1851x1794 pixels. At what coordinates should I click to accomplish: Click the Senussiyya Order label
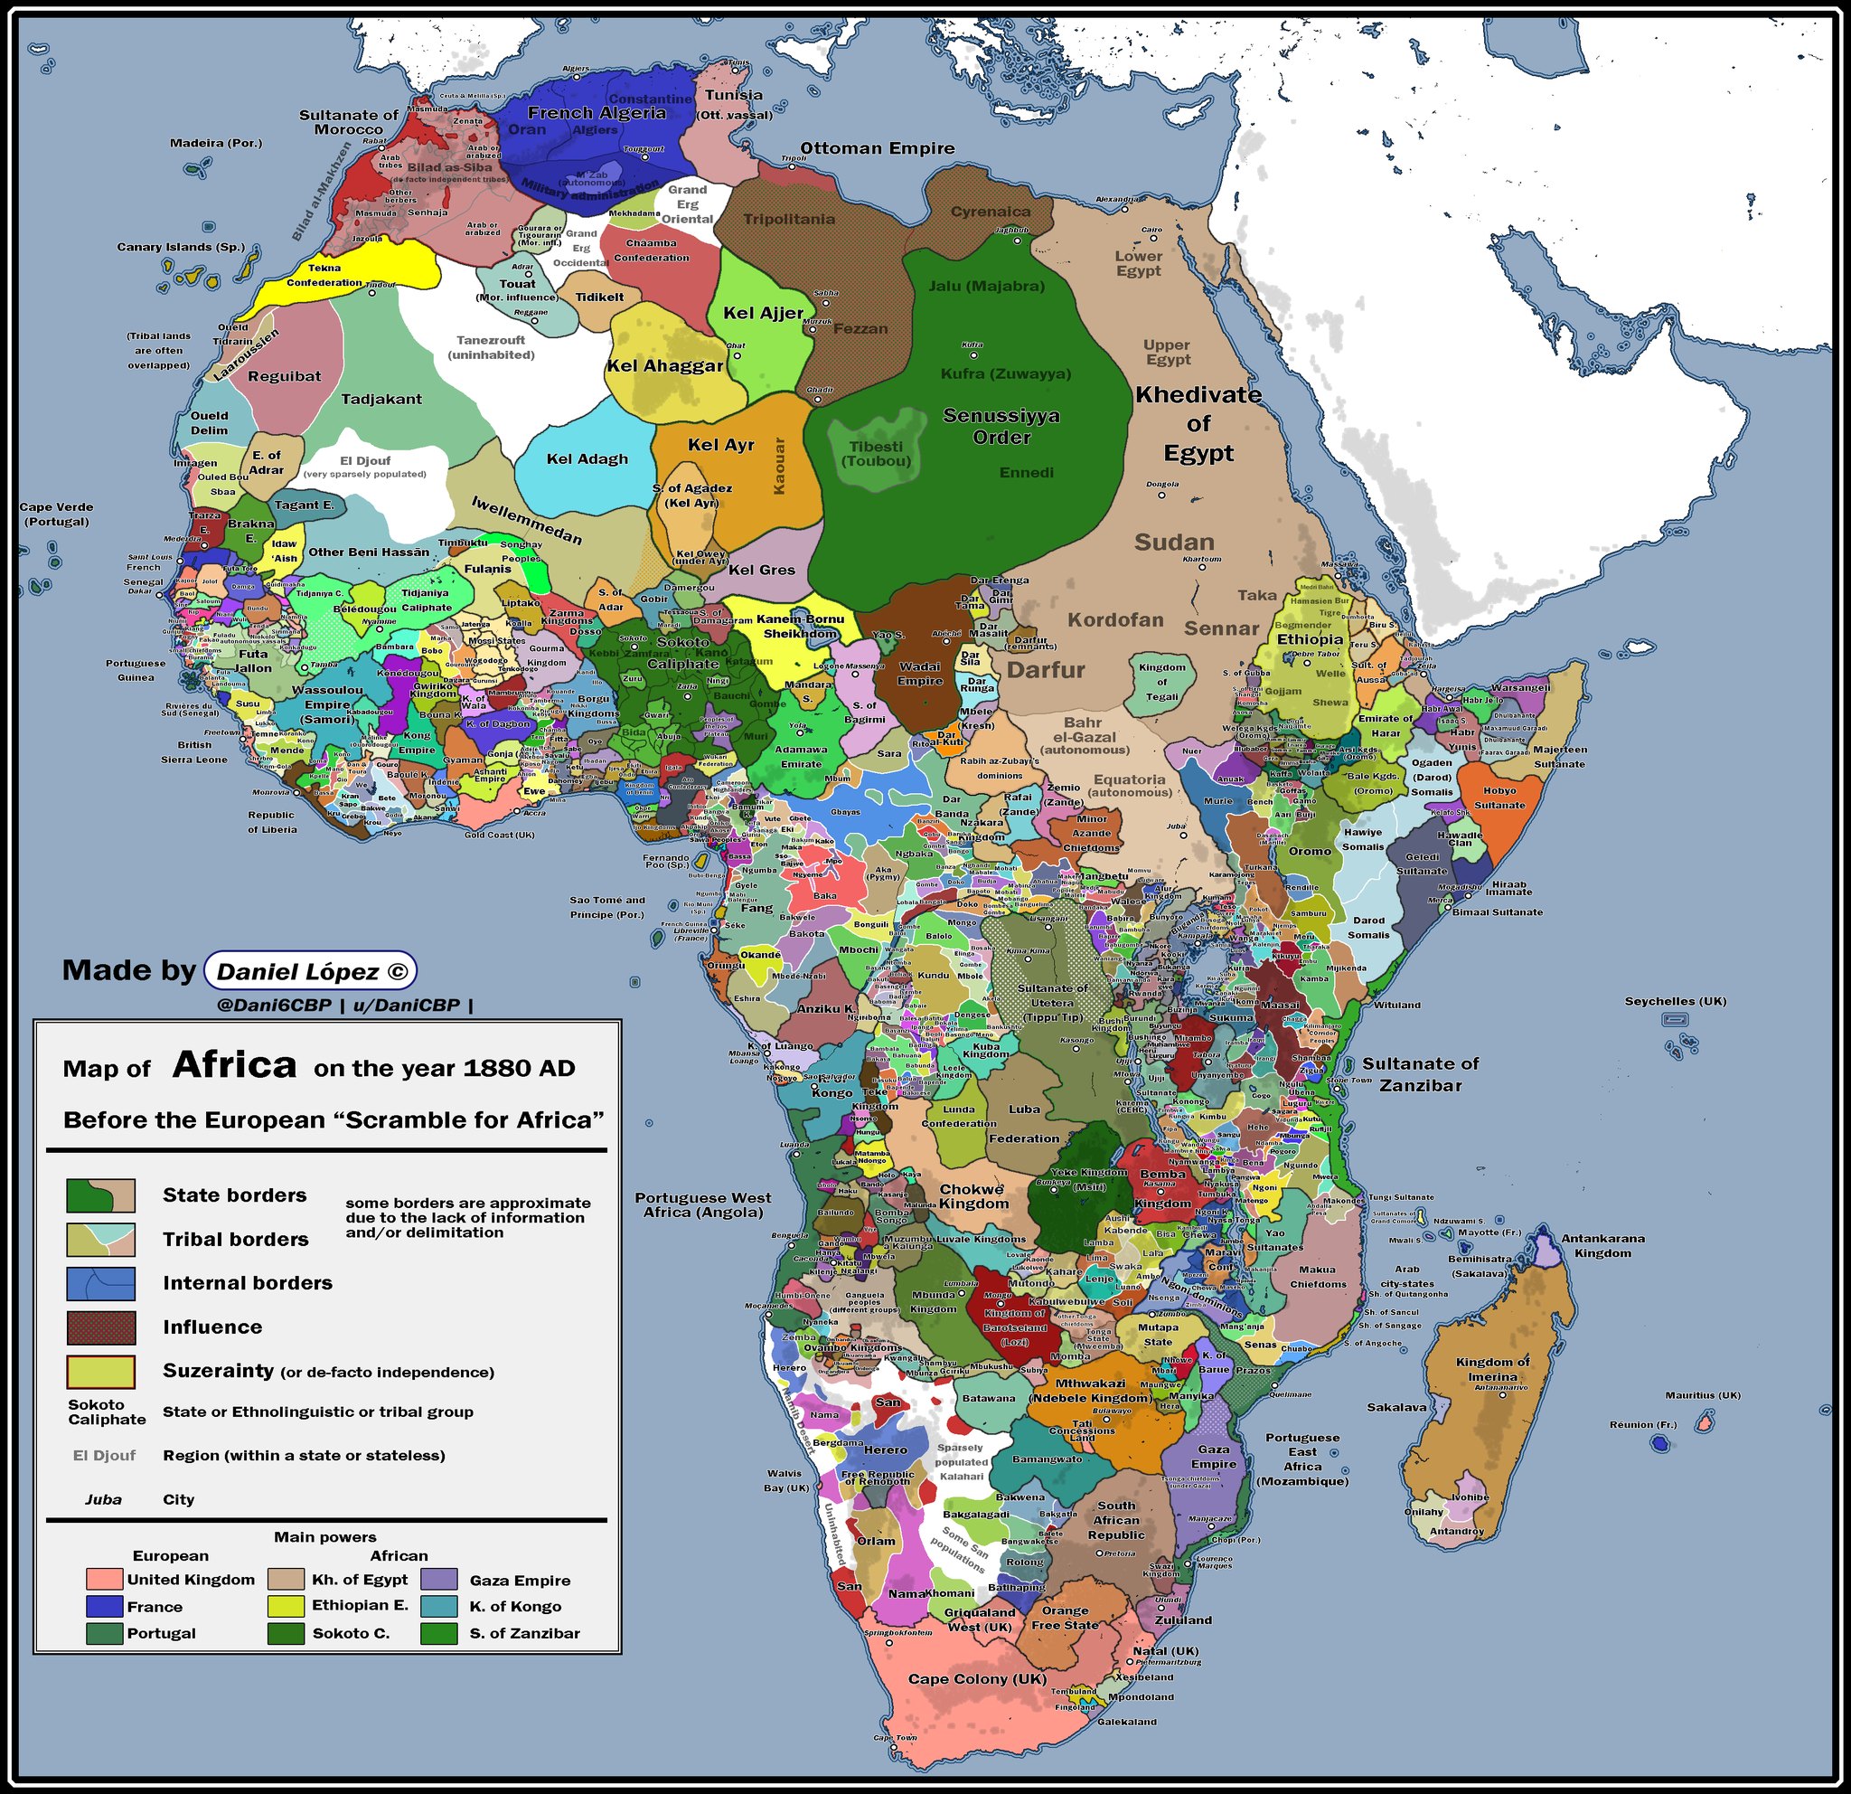point(1001,426)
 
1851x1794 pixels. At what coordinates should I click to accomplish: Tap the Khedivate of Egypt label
point(1198,423)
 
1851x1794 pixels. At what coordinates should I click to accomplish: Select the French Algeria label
point(596,112)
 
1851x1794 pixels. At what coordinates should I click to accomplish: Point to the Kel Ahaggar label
point(664,365)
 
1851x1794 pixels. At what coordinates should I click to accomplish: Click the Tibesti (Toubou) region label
point(876,453)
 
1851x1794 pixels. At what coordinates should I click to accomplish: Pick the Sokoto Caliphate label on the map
point(681,652)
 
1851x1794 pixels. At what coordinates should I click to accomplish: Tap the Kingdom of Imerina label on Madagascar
point(1492,1367)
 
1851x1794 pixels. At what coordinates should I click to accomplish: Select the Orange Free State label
point(1065,1618)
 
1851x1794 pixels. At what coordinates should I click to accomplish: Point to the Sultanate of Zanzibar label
point(1419,1074)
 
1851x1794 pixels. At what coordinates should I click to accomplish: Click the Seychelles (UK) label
point(1675,1001)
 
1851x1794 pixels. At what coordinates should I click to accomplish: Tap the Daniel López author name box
point(310,971)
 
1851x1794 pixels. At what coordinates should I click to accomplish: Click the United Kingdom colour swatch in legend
point(104,1580)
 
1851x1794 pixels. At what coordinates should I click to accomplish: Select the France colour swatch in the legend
point(104,1606)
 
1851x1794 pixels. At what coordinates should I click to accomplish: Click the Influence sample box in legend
point(100,1327)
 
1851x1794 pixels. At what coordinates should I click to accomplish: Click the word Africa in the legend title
point(234,1064)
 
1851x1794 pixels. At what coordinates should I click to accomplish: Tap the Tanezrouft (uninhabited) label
point(490,346)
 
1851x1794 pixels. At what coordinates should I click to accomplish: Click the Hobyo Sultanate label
point(1499,798)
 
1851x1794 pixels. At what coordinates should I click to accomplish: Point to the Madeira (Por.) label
point(215,144)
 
